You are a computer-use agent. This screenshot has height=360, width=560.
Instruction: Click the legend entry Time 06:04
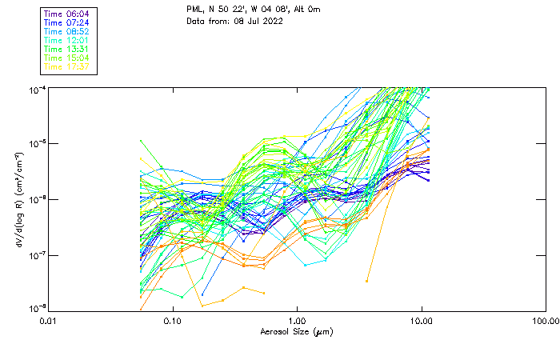pos(67,13)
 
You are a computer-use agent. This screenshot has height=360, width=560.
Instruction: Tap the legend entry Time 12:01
pos(67,40)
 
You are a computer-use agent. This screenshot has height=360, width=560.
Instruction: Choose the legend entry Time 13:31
pos(67,49)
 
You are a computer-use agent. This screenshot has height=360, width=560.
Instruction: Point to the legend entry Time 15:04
pos(67,58)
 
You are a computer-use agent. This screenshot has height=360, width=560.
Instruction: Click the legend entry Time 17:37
pos(67,66)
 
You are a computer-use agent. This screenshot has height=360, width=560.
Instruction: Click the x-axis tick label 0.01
pos(49,321)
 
